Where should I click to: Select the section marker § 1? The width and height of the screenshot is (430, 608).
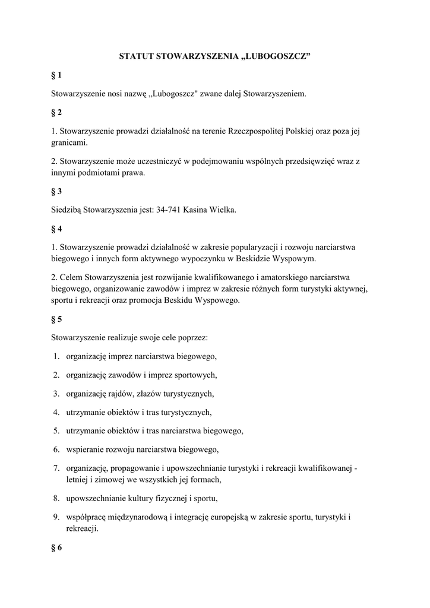(56, 75)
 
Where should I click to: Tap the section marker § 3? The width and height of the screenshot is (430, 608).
(56, 191)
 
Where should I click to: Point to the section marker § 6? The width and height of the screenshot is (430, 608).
(56, 547)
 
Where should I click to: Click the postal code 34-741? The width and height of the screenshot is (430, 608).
(169, 210)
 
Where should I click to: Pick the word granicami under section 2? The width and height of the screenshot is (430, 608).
(69, 143)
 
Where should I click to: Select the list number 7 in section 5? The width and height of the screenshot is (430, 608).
(56, 468)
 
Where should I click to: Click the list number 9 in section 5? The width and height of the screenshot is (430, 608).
(56, 517)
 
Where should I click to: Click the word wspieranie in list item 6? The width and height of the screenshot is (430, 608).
(85, 449)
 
